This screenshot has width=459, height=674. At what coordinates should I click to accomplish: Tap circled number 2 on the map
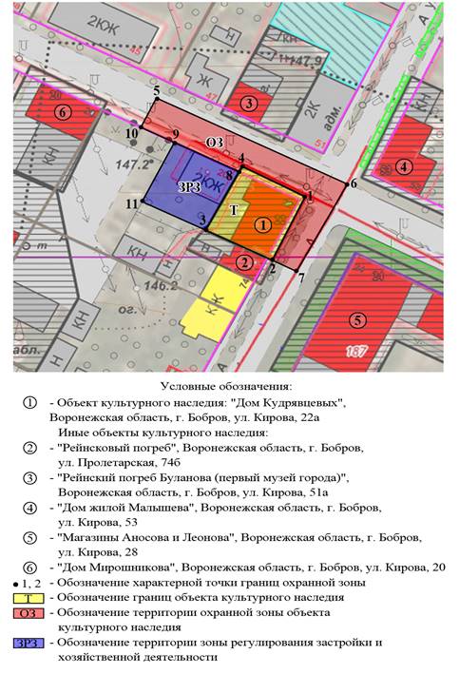245,261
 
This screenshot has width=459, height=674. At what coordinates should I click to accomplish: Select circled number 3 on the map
249,103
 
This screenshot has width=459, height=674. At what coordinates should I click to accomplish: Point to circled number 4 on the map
406,167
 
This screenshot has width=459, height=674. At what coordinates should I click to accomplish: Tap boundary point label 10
131,135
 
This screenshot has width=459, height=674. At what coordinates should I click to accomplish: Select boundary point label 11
131,203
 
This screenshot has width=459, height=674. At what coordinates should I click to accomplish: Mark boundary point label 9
175,135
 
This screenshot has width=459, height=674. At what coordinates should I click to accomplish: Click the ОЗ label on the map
215,144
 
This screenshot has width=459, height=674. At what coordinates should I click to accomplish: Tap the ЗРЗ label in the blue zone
188,187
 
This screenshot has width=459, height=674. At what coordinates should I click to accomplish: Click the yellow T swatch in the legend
30,597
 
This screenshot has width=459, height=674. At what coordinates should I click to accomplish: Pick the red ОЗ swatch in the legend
30,613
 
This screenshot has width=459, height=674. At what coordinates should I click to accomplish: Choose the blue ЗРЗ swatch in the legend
30,644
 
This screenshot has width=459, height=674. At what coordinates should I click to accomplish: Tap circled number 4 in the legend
31,509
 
